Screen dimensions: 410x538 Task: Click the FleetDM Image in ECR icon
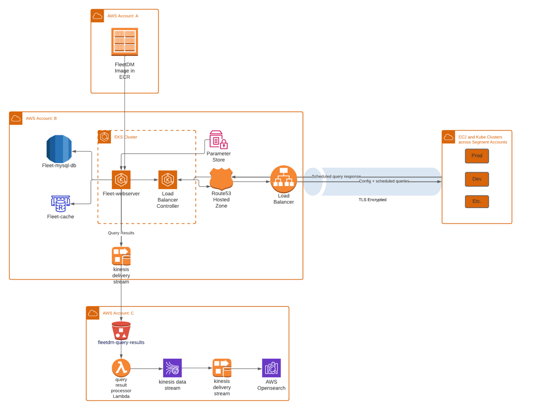125,42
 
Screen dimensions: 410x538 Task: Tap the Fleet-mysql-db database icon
59,149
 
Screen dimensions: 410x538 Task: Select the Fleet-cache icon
61,204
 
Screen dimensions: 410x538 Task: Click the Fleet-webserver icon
121,179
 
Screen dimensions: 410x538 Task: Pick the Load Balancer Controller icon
168,179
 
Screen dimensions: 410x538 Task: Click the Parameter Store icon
218,140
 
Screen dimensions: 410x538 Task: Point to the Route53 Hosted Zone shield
221,179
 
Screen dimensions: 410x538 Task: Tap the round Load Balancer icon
283,179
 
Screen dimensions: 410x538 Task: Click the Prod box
477,156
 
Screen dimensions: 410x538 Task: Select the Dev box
477,179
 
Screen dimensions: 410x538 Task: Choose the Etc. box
477,202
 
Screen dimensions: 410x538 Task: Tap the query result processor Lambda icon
121,368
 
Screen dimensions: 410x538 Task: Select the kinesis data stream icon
172,368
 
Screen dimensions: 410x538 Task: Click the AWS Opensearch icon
271,368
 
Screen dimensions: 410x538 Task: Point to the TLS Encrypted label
372,200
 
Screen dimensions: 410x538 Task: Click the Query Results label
121,233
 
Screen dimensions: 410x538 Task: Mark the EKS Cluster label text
126,137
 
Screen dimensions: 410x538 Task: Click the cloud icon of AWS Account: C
93,313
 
